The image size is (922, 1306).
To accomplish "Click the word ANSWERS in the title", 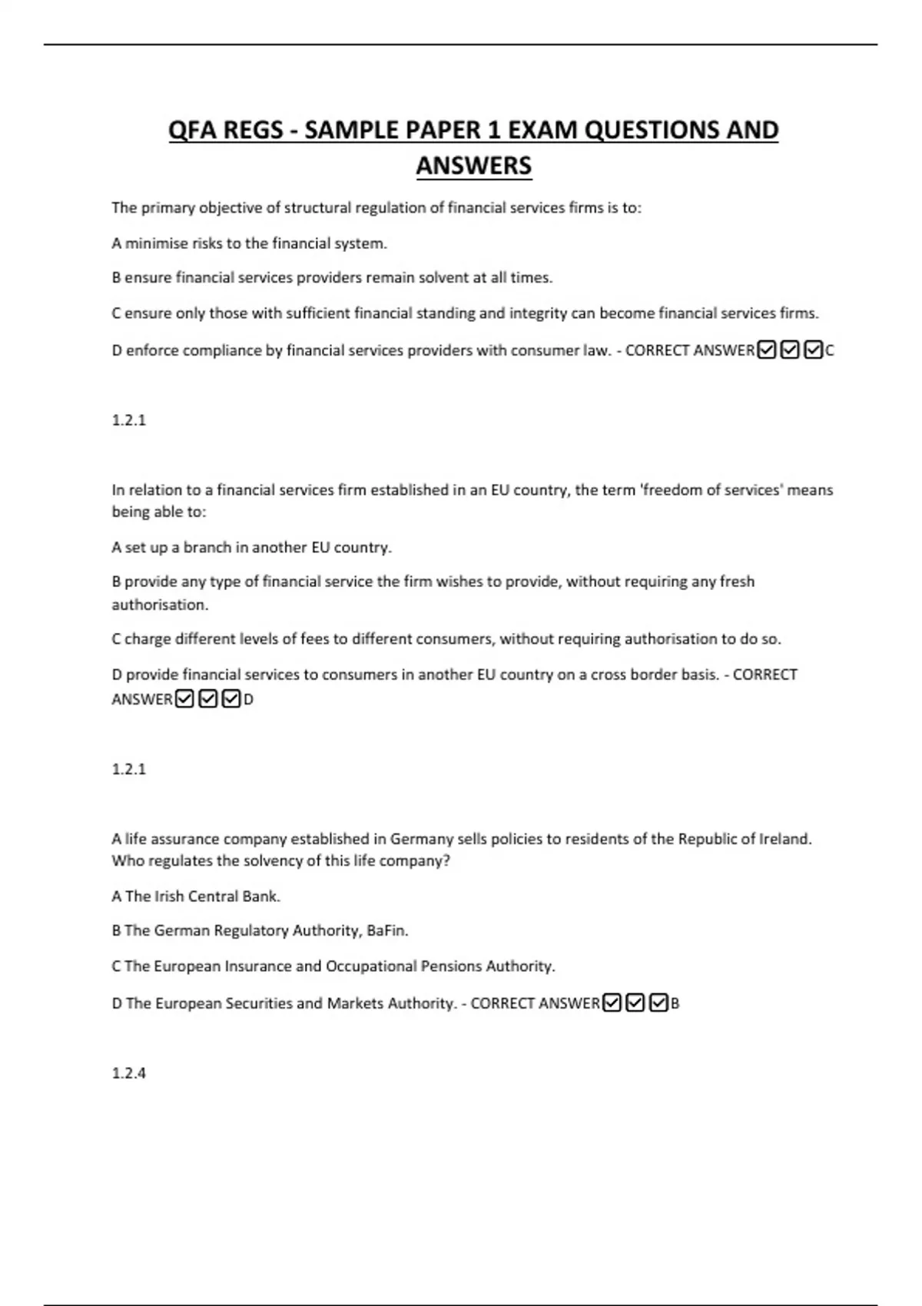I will (x=473, y=166).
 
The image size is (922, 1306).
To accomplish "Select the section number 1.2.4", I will (x=128, y=1072).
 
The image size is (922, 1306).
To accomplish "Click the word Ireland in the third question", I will (x=785, y=839).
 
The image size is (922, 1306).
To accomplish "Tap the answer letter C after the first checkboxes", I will (x=829, y=351).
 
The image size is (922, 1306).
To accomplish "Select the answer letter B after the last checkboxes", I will (x=675, y=1003).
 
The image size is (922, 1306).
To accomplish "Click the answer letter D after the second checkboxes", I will (x=248, y=700).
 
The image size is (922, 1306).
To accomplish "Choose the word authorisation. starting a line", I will (x=160, y=605).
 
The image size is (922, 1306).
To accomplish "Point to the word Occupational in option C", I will (x=371, y=966).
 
